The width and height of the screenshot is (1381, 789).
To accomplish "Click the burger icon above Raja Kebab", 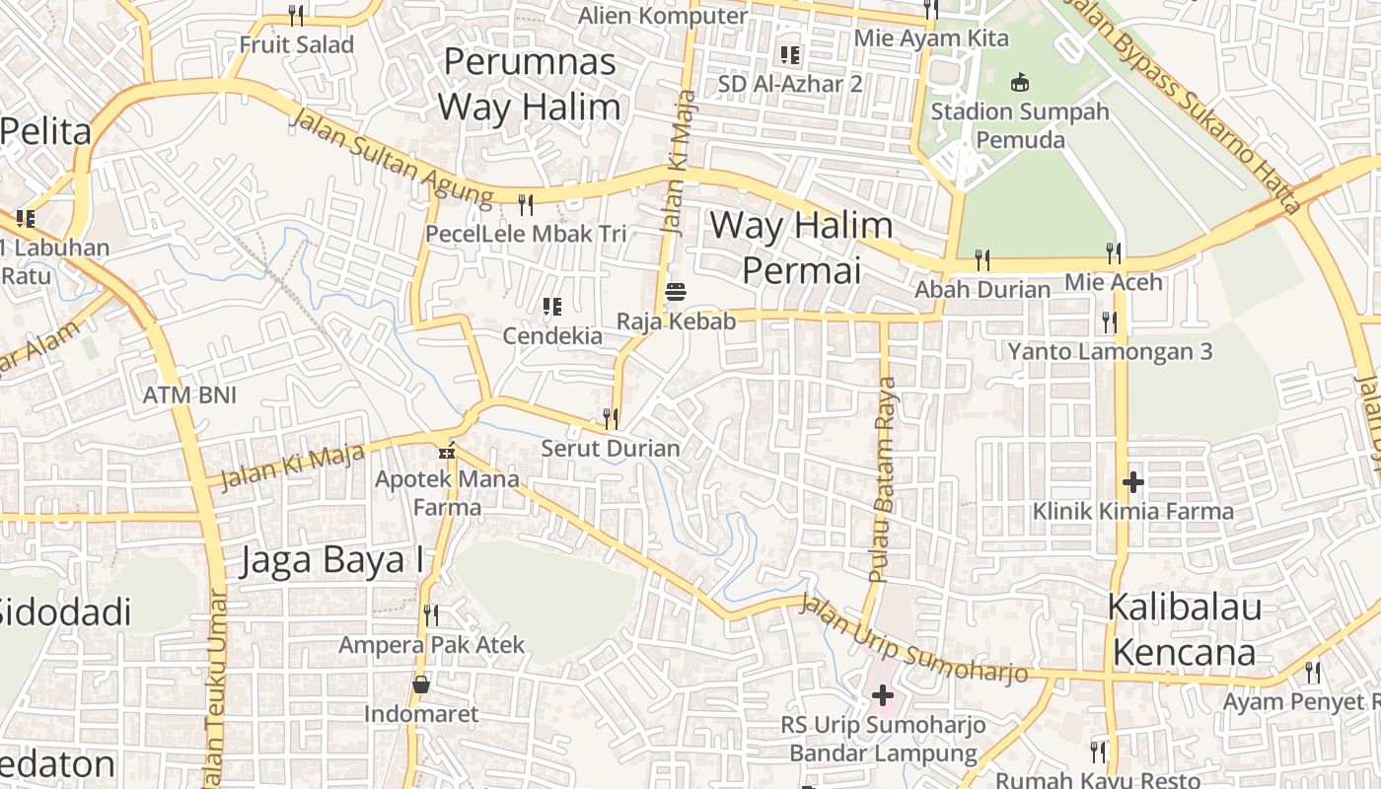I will pos(676,292).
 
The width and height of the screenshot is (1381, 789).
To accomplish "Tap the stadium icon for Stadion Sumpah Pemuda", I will pos(1020,83).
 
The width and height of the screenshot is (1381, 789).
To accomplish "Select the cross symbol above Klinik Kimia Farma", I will pos(1132,482).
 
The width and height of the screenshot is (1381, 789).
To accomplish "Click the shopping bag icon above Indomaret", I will pos(421,684).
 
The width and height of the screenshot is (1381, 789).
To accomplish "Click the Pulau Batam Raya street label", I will pos(883,478).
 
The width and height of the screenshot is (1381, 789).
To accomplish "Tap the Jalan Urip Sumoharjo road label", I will pos(913,640).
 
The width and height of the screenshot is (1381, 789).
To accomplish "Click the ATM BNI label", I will pos(190,394).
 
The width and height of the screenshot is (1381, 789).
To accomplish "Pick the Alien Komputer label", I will pos(662,16).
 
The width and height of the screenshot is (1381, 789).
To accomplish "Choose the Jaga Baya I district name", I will pos(333,560).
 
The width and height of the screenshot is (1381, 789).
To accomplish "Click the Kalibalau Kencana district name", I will pos(1184,629).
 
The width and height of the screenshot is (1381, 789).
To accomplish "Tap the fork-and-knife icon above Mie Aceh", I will pos(1114,253).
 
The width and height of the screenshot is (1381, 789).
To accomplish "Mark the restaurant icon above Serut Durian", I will pos(611,419).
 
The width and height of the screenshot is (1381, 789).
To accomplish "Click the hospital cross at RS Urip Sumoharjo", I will pos(882,695).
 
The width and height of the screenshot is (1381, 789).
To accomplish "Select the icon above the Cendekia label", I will pos(552,307).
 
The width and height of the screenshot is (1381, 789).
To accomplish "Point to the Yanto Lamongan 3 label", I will pos(1110,351).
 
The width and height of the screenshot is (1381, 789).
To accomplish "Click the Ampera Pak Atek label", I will pos(432,645).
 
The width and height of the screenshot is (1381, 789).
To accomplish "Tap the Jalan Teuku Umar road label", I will pos(215,690).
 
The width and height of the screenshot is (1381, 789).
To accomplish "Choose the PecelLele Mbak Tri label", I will pos(526,234).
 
